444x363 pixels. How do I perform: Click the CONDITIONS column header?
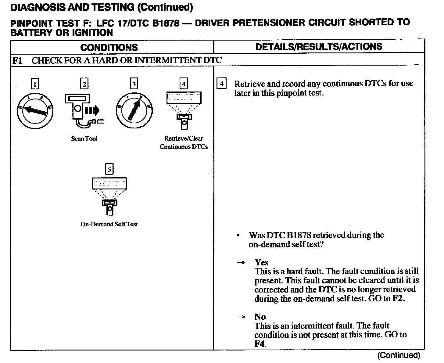point(109,47)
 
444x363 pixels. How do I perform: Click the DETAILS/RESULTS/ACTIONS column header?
point(319,47)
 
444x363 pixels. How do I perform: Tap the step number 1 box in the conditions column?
point(35,84)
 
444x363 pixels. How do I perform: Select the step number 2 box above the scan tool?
point(84,84)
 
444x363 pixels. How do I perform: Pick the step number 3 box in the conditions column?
point(134,84)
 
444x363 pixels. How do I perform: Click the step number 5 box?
point(109,169)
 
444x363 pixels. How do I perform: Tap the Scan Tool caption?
point(84,138)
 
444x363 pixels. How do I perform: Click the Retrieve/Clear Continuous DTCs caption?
point(184,142)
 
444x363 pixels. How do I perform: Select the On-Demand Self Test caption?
point(109,224)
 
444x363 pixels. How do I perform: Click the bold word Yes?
point(261,262)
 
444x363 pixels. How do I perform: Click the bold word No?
point(260,317)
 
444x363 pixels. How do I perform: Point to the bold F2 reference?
point(398,298)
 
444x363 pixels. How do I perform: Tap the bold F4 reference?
point(260,344)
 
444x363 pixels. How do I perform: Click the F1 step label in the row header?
point(17,60)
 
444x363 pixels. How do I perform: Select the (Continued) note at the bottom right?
point(399,355)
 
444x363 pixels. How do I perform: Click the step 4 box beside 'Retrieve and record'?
point(221,84)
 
